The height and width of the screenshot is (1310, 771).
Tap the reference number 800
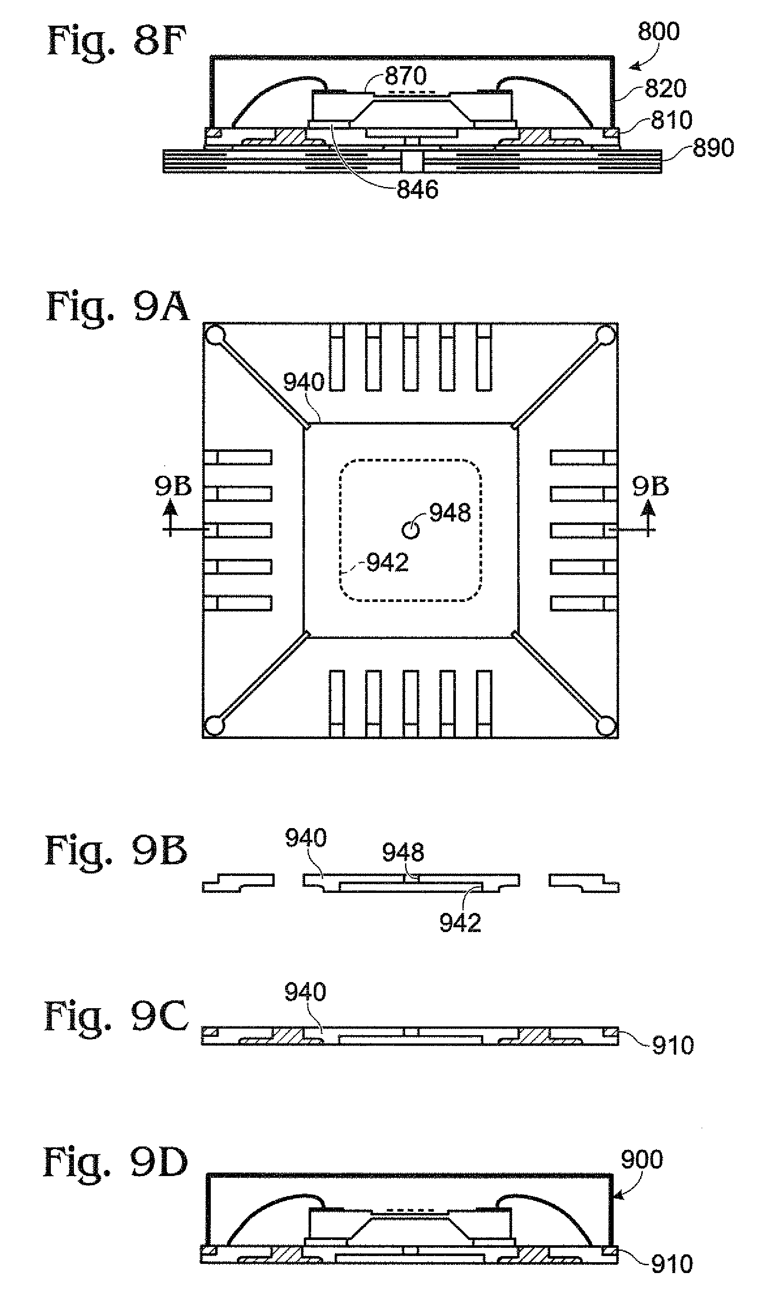(x=658, y=32)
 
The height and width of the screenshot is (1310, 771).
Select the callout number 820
(x=665, y=88)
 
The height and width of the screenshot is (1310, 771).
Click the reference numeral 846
(x=418, y=190)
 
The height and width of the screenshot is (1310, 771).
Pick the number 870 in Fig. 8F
(x=406, y=76)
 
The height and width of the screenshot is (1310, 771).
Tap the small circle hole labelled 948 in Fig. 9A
(x=410, y=530)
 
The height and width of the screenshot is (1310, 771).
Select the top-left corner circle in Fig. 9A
(x=215, y=335)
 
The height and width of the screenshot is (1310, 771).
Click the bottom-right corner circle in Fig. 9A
(x=606, y=725)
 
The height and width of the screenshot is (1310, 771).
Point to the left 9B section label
(x=173, y=486)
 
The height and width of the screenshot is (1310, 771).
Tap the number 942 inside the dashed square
(x=388, y=562)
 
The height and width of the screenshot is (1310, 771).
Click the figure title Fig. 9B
(x=116, y=851)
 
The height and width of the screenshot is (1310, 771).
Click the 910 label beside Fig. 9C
(x=673, y=1046)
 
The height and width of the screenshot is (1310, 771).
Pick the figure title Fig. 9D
(x=115, y=1163)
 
